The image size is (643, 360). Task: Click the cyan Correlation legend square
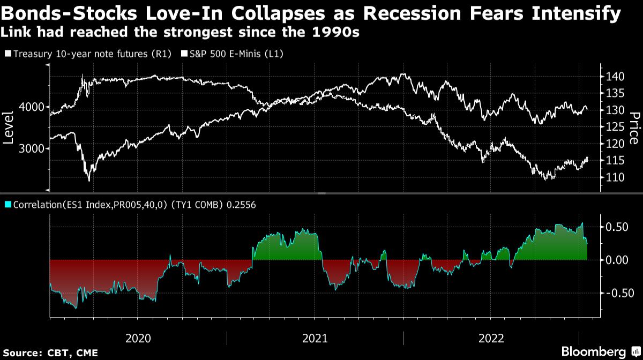pyautogui.click(x=8, y=204)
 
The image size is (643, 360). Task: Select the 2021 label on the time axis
pyautogui.click(x=315, y=339)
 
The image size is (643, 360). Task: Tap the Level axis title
pyautogui.click(x=8, y=128)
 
